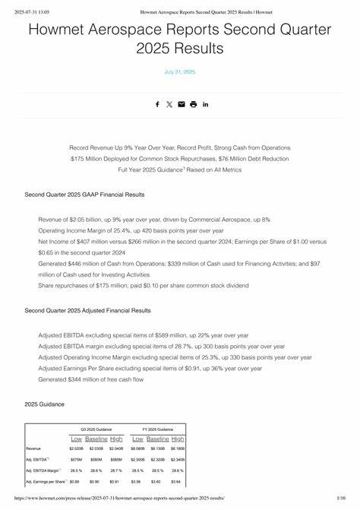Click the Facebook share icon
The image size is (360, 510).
(x=157, y=104)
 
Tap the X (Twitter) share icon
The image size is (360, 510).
(x=169, y=104)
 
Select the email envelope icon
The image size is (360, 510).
(x=181, y=104)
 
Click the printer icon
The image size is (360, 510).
(x=193, y=104)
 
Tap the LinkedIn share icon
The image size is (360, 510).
(x=205, y=104)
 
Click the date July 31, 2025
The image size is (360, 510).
(x=180, y=71)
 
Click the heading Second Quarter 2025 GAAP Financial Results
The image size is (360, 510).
(x=84, y=195)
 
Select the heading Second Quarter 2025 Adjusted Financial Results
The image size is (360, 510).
(x=87, y=310)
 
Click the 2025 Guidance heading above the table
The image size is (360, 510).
(x=44, y=404)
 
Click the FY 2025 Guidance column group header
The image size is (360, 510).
(x=158, y=429)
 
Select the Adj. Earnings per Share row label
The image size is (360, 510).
(x=45, y=481)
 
